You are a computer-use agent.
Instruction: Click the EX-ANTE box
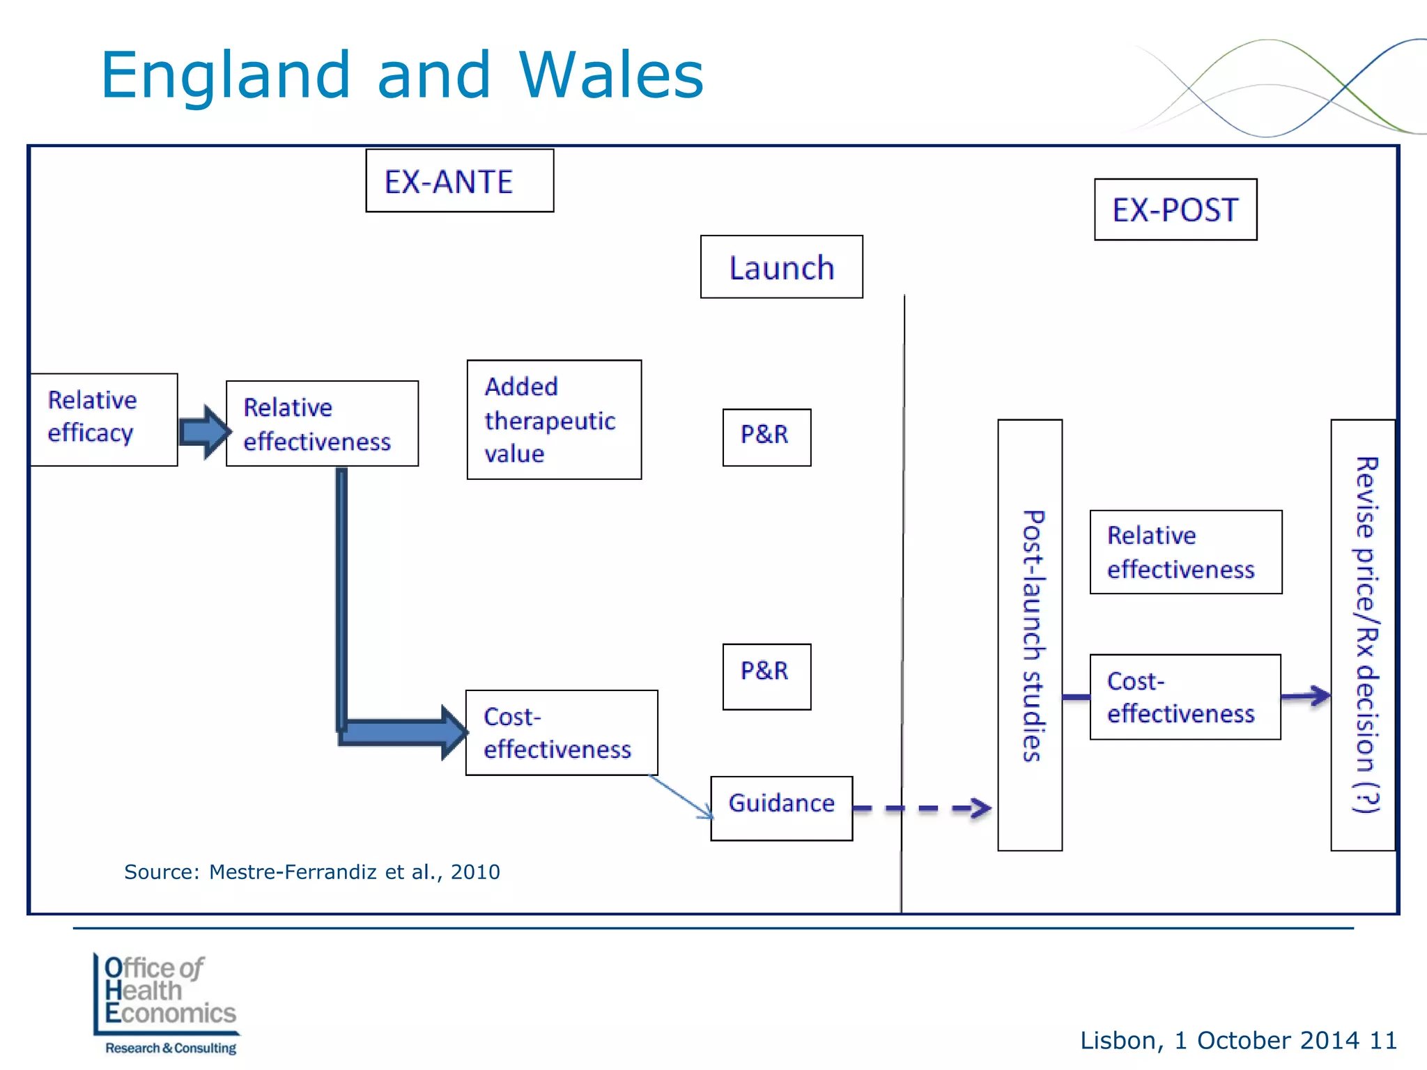459,180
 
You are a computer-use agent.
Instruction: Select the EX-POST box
1175,210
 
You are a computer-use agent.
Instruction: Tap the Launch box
781,267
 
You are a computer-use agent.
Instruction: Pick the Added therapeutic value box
554,419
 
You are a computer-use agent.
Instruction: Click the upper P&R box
766,437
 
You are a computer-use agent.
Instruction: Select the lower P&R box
766,676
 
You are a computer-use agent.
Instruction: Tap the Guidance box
781,808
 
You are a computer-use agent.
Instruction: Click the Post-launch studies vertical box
1030,635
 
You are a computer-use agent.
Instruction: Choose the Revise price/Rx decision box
1363,635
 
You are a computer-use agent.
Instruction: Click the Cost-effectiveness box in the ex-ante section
561,733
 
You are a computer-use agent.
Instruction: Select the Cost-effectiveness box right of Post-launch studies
1185,697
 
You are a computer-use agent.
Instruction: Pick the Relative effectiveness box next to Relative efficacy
322,424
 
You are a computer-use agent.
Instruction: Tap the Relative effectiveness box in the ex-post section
1185,552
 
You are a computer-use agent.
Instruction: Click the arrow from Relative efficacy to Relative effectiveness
204,432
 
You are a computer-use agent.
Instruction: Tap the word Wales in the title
611,75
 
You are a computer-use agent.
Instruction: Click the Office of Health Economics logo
167,1004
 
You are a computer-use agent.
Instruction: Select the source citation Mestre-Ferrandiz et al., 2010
312,871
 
